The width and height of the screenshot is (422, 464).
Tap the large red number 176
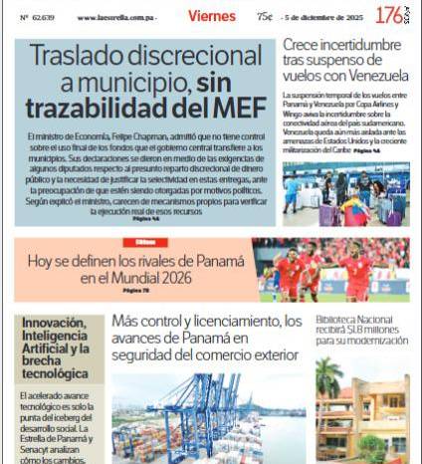tap(388, 16)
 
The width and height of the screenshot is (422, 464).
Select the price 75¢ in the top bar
tap(265, 17)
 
